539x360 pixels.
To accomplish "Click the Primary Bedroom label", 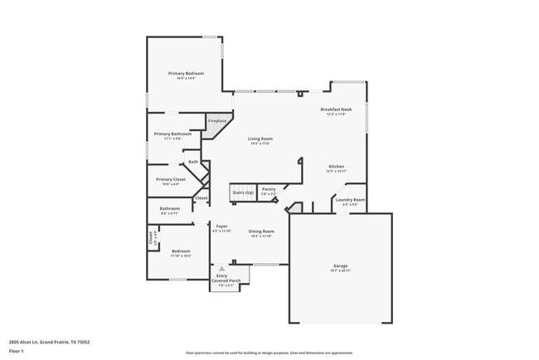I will pyautogui.click(x=186, y=74).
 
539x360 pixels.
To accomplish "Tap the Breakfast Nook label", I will pyautogui.click(x=337, y=109).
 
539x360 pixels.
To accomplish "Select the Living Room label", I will pyautogui.click(x=260, y=139).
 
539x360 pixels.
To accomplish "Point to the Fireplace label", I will pyautogui.click(x=217, y=121).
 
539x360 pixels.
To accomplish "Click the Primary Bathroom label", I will pyautogui.click(x=172, y=134).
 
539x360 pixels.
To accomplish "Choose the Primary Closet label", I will pyautogui.click(x=170, y=179).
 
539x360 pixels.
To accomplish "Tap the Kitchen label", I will pyautogui.click(x=336, y=167).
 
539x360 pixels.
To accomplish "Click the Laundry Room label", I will pyautogui.click(x=349, y=199).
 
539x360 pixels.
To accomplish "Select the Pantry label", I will pyautogui.click(x=269, y=189).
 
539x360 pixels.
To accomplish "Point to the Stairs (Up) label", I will pyautogui.click(x=243, y=191).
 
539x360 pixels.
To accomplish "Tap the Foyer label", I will pyautogui.click(x=222, y=226).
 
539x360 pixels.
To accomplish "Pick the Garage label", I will pyautogui.click(x=341, y=265).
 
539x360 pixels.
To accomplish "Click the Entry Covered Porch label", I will pyautogui.click(x=221, y=278).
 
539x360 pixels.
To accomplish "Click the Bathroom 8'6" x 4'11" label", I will pyautogui.click(x=170, y=208).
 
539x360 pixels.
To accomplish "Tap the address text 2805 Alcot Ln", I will pyautogui.click(x=49, y=341).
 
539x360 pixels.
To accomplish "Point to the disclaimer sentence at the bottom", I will pyautogui.click(x=269, y=352).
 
